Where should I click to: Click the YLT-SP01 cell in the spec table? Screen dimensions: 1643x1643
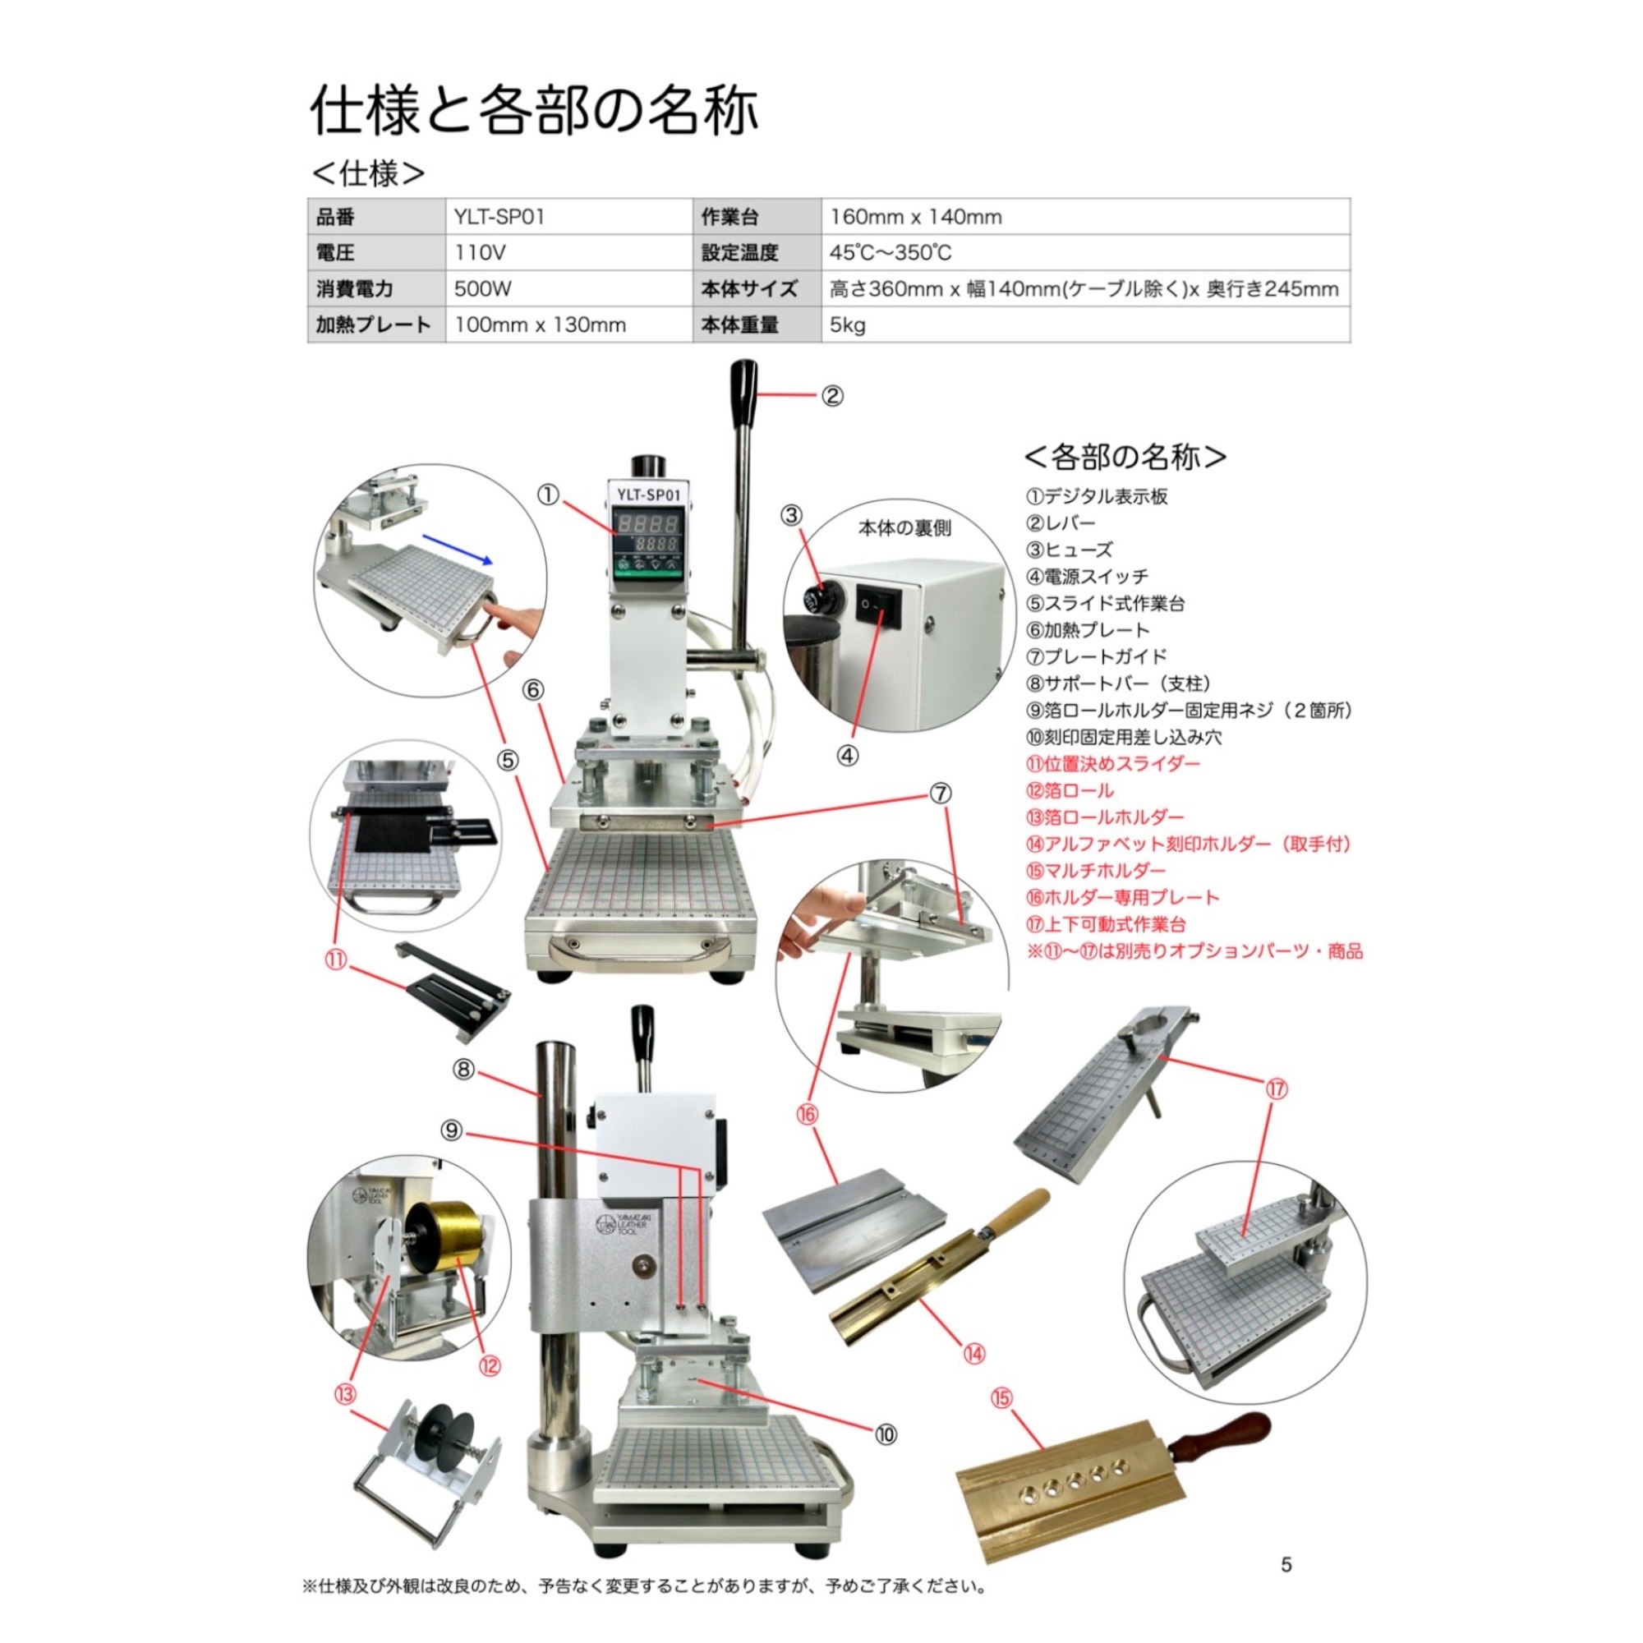pos(569,217)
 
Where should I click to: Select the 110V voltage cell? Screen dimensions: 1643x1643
pos(569,252)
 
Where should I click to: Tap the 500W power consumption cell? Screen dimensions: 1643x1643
pos(569,288)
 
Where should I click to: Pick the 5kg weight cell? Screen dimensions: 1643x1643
pos(1085,324)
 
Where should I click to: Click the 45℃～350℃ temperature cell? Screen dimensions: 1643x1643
pos(1085,252)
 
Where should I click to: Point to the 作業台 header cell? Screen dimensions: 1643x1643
pos(757,217)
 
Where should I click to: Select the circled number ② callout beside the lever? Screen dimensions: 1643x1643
pos(831,395)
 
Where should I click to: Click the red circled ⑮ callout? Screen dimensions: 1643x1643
pos(1002,1398)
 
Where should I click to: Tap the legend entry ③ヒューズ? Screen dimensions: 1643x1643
pos(1069,550)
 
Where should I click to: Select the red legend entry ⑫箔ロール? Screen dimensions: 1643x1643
pos(1070,790)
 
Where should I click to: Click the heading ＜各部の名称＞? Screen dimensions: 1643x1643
pos(1125,458)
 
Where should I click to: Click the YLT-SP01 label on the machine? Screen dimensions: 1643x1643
pos(648,493)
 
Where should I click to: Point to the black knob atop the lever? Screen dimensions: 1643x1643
pos(744,387)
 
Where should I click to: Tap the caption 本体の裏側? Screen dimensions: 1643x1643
pos(904,528)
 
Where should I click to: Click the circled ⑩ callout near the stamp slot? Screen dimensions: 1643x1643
pos(886,1434)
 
